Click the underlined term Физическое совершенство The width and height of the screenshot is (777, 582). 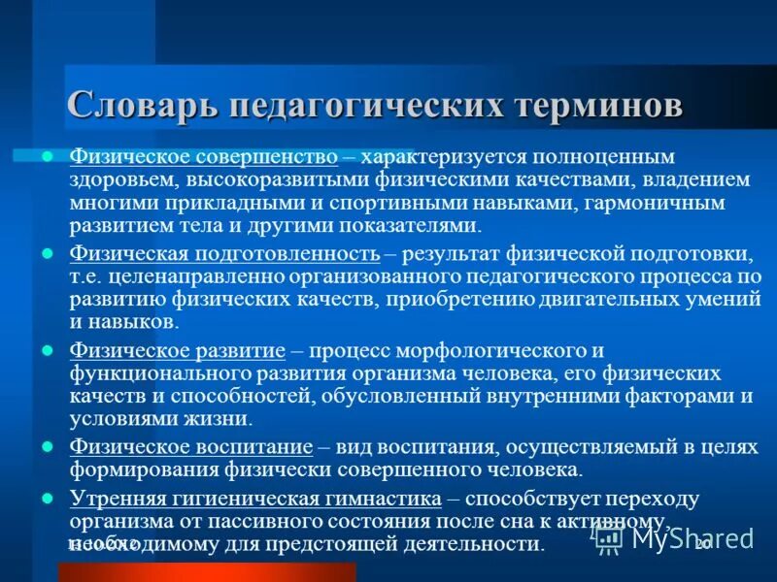(x=203, y=157)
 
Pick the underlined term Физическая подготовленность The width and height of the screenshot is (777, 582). (x=224, y=254)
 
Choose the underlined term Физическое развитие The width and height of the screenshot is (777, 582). (x=177, y=350)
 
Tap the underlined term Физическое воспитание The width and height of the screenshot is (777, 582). (x=190, y=447)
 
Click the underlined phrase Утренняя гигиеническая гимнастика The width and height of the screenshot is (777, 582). (x=255, y=499)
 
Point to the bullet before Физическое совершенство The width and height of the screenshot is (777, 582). (x=48, y=156)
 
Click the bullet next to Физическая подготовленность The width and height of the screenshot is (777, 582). (x=48, y=253)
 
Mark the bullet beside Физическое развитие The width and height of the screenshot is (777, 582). (x=48, y=349)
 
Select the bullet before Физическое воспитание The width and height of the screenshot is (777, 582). (x=48, y=446)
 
